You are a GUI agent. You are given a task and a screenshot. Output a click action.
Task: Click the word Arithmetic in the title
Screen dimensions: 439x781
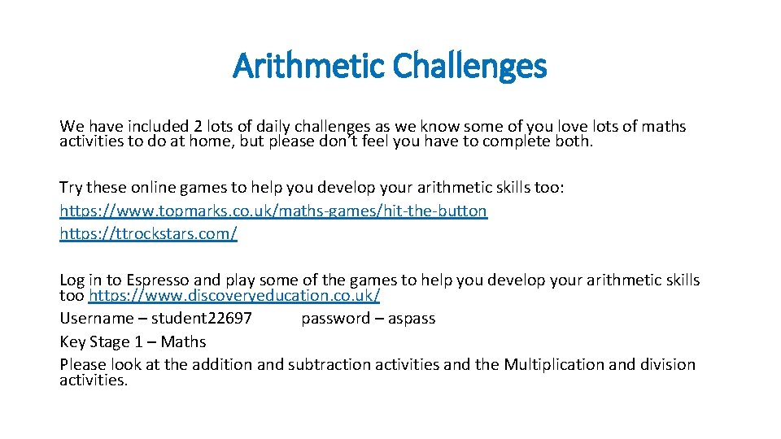pos(308,67)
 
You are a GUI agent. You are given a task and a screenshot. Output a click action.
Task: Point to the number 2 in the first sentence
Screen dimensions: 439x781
pos(198,127)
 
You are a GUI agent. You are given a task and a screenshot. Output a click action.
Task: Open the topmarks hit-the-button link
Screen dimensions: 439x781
pos(273,211)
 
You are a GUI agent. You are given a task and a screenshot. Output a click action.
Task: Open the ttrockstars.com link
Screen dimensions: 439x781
pos(148,234)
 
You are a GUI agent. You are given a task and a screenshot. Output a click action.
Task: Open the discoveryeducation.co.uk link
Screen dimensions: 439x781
pos(234,295)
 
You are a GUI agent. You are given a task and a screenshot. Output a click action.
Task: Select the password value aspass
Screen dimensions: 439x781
pos(411,319)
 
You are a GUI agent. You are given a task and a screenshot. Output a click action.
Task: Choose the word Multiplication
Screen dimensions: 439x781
pos(553,364)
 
